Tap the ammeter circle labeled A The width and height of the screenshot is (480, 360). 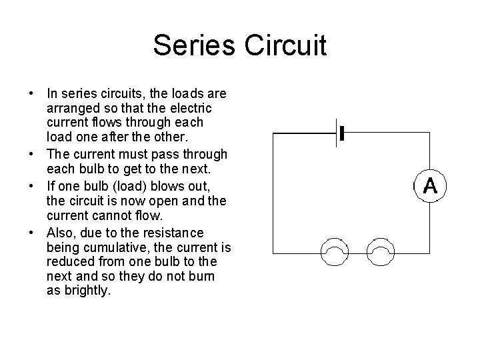point(429,186)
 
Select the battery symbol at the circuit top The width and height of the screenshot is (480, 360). point(341,133)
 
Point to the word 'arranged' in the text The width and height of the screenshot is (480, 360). point(70,109)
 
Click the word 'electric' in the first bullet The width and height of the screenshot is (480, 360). point(190,109)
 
